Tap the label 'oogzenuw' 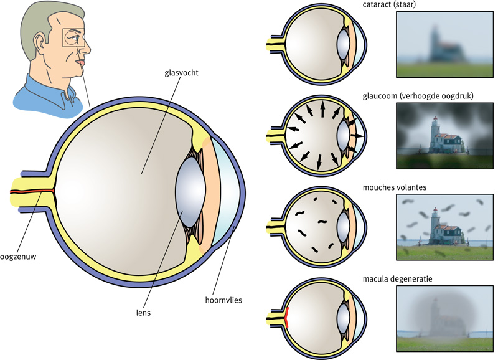(18, 257)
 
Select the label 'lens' (143, 313)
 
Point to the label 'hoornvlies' (223, 300)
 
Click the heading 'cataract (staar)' (389, 5)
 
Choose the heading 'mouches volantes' (395, 187)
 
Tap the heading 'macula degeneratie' (397, 279)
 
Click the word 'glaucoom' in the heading (378, 96)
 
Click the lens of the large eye (191, 192)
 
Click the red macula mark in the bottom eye (287, 318)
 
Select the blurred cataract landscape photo (444, 44)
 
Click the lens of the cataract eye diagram (344, 44)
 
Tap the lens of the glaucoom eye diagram (344, 135)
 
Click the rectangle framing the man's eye (74, 38)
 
